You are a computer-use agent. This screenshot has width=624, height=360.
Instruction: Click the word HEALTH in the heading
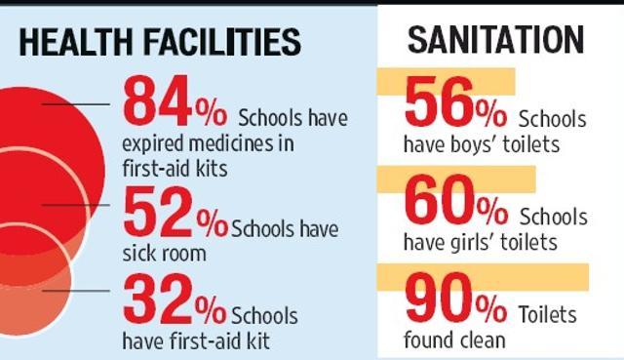click(76, 41)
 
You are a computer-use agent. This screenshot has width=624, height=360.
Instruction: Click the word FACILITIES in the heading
click(222, 41)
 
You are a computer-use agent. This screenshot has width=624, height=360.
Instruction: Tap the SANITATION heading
click(495, 40)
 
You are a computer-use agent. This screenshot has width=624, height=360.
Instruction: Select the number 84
click(158, 101)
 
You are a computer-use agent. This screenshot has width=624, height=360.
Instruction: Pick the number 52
click(159, 212)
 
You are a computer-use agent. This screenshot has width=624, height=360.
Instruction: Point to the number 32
click(158, 299)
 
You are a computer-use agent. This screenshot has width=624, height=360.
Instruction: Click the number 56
click(439, 101)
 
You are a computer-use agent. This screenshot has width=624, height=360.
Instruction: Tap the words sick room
click(164, 254)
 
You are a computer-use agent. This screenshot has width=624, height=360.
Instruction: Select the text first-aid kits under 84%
click(175, 169)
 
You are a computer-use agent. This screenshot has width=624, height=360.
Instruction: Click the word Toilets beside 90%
click(547, 314)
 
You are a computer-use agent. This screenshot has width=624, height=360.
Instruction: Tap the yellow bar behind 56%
click(446, 82)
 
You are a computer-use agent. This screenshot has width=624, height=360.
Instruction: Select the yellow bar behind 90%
click(483, 277)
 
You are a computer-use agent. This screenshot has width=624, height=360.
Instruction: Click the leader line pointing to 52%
click(76, 205)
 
